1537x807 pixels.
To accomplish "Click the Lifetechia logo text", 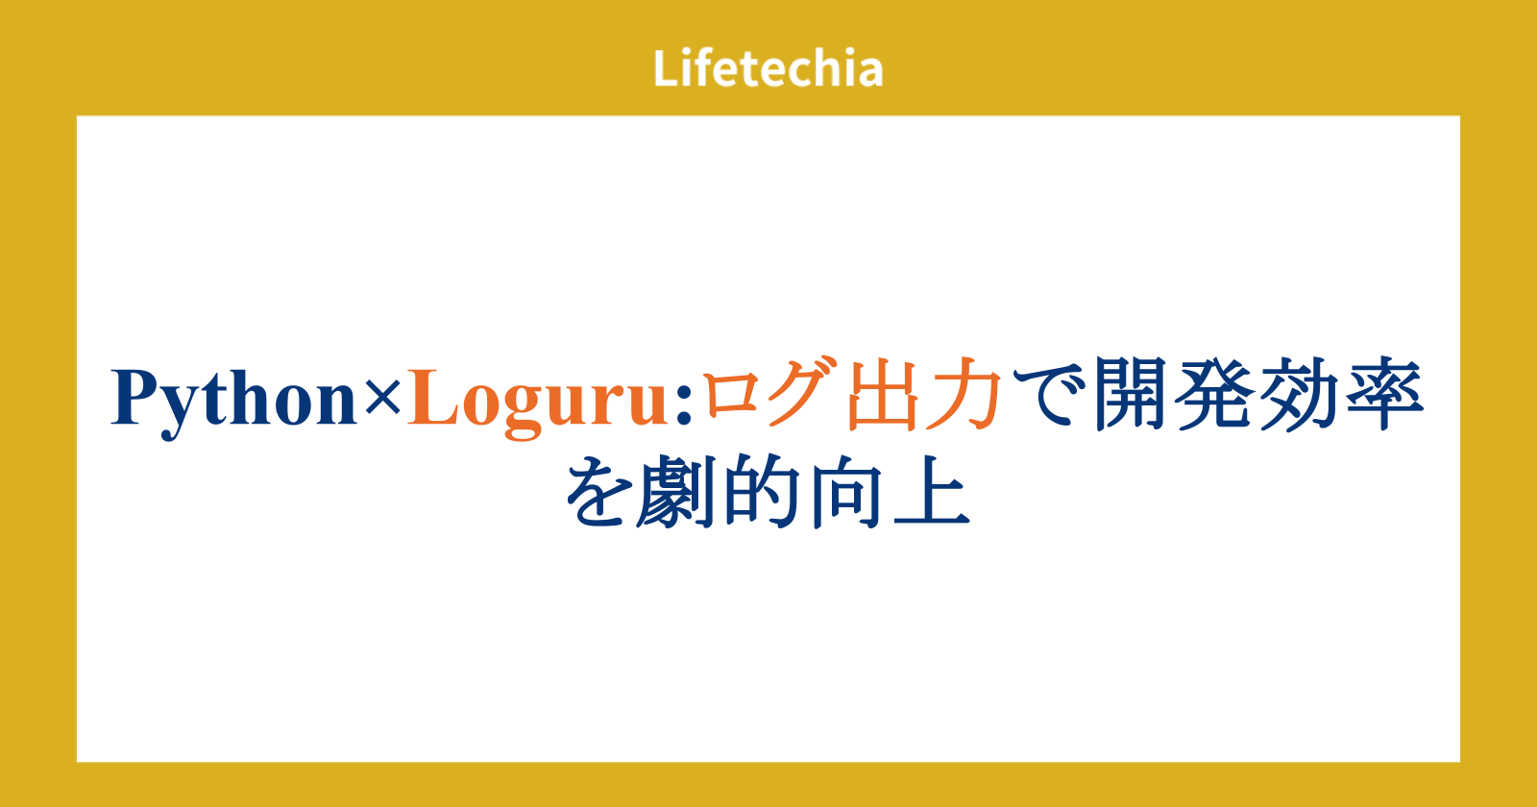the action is tap(768, 68).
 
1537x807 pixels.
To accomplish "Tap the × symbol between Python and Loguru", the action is tap(382, 397).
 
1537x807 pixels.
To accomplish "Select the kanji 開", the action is tap(1130, 394).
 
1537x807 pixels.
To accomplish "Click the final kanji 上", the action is tap(932, 491).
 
